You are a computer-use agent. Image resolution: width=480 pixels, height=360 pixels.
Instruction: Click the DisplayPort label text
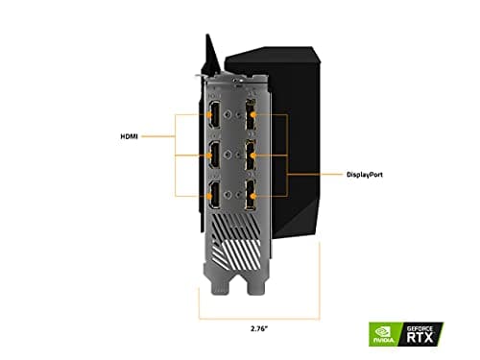point(346,175)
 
